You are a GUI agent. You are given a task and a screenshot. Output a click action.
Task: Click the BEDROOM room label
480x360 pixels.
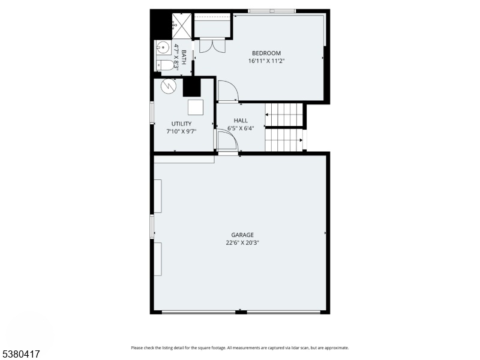tap(266, 53)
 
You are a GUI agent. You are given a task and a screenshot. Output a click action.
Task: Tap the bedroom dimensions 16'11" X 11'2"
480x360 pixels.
tap(266, 61)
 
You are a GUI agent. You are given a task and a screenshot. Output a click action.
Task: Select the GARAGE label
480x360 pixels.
tap(242, 235)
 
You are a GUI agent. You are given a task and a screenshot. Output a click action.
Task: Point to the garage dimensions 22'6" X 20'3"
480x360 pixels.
tap(242, 243)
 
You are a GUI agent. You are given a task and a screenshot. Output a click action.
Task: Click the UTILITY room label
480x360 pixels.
tap(181, 124)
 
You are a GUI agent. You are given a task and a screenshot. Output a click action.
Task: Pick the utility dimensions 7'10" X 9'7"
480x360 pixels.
tap(181, 131)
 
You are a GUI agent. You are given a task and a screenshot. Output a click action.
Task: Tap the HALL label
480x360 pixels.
tap(241, 121)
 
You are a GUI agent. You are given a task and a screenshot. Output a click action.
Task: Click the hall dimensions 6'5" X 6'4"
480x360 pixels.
tap(241, 128)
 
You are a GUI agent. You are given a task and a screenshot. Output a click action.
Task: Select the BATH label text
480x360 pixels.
tap(184, 57)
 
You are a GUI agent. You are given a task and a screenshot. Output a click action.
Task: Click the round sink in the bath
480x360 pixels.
tap(163, 47)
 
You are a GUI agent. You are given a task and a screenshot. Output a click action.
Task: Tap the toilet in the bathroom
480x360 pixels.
tap(164, 65)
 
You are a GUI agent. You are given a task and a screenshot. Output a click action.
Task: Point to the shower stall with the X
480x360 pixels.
tap(182, 26)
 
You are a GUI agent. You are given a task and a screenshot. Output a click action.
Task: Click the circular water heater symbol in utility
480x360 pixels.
tap(169, 86)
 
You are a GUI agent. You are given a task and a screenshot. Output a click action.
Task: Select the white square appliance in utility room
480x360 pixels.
tap(196, 107)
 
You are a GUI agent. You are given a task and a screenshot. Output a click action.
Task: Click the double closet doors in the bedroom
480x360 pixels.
tap(212, 45)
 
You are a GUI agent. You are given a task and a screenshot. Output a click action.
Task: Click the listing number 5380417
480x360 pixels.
tap(20, 354)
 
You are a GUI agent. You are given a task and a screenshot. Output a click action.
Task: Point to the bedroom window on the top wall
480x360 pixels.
tap(272, 11)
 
